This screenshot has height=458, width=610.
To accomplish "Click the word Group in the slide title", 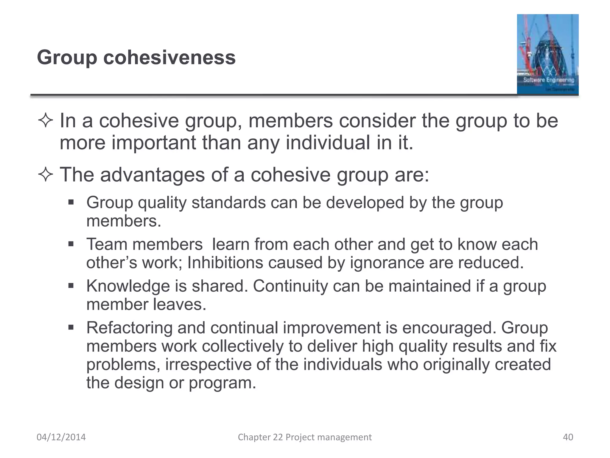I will (x=67, y=58).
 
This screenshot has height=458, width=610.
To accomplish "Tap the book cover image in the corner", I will (x=547, y=54).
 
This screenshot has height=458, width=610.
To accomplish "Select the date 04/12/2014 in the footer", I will (x=61, y=437).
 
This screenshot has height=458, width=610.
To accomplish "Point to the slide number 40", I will (x=568, y=437).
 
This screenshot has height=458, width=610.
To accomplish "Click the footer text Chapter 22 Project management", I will (x=304, y=437).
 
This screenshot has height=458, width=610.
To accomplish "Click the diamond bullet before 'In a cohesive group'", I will (x=46, y=121).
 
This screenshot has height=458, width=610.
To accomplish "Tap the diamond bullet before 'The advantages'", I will (x=46, y=175).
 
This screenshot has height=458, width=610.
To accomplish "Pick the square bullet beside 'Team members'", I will (x=71, y=245).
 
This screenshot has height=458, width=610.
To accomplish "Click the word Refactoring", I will (x=129, y=328).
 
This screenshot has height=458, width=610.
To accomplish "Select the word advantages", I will (x=152, y=175).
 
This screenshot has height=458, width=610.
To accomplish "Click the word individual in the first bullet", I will (x=328, y=143).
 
